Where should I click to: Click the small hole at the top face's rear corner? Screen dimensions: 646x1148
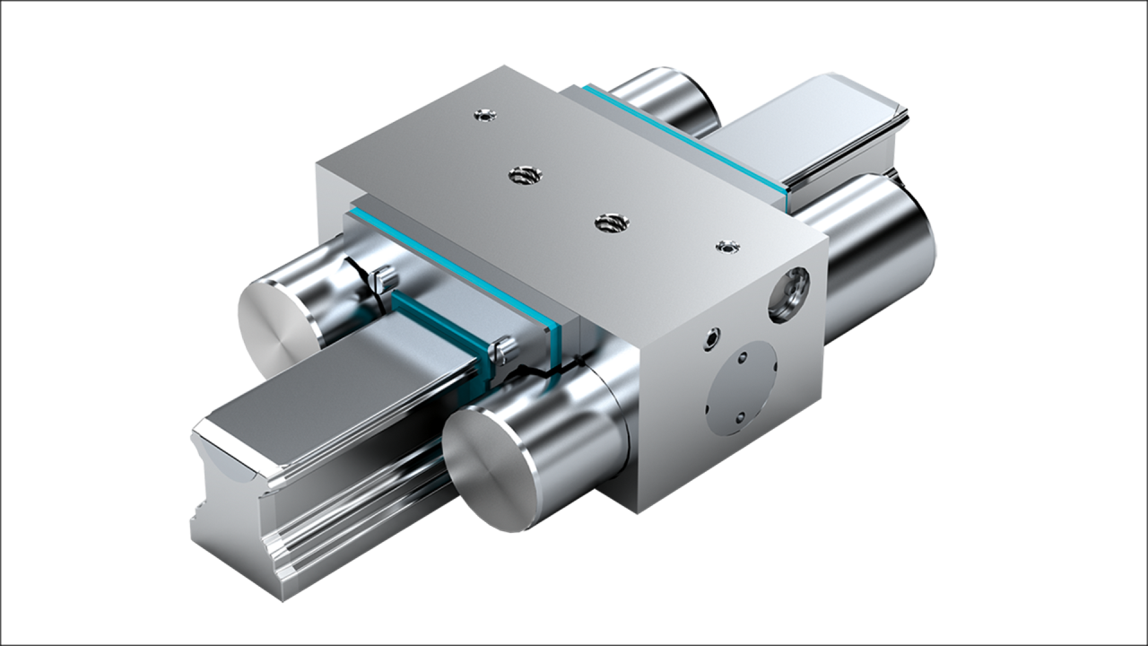[x=483, y=115]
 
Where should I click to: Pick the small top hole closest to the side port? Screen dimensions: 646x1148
[x=724, y=248]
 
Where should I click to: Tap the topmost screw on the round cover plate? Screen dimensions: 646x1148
[x=742, y=358]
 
